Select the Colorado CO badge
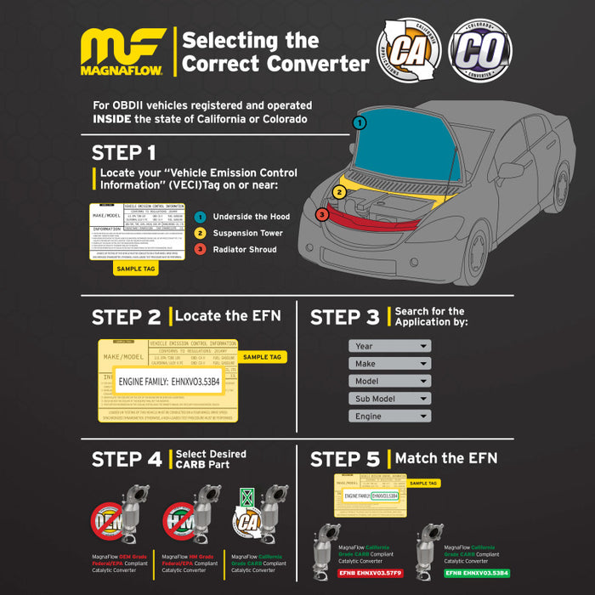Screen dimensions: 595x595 tap(480, 51)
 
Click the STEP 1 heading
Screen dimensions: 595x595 tap(124, 153)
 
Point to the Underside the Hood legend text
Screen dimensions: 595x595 tap(251, 217)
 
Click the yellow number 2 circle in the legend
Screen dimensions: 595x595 tap(200, 233)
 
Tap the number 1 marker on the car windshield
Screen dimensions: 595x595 tap(360, 123)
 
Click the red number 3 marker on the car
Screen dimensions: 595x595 tap(321, 214)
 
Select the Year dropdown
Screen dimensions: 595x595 tap(389, 346)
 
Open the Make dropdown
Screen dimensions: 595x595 tap(389, 364)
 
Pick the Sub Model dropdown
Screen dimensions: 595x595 tap(389, 399)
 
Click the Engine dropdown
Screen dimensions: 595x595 tap(389, 416)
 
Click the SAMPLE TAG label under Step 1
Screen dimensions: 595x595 tap(136, 268)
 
